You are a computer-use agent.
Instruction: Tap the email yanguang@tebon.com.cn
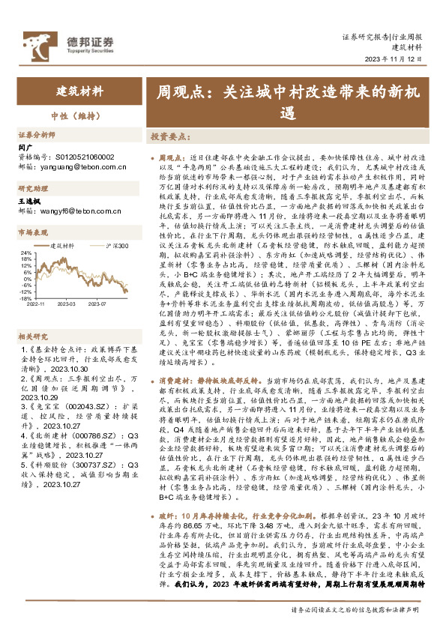83,167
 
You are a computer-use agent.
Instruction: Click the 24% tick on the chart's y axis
25,253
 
